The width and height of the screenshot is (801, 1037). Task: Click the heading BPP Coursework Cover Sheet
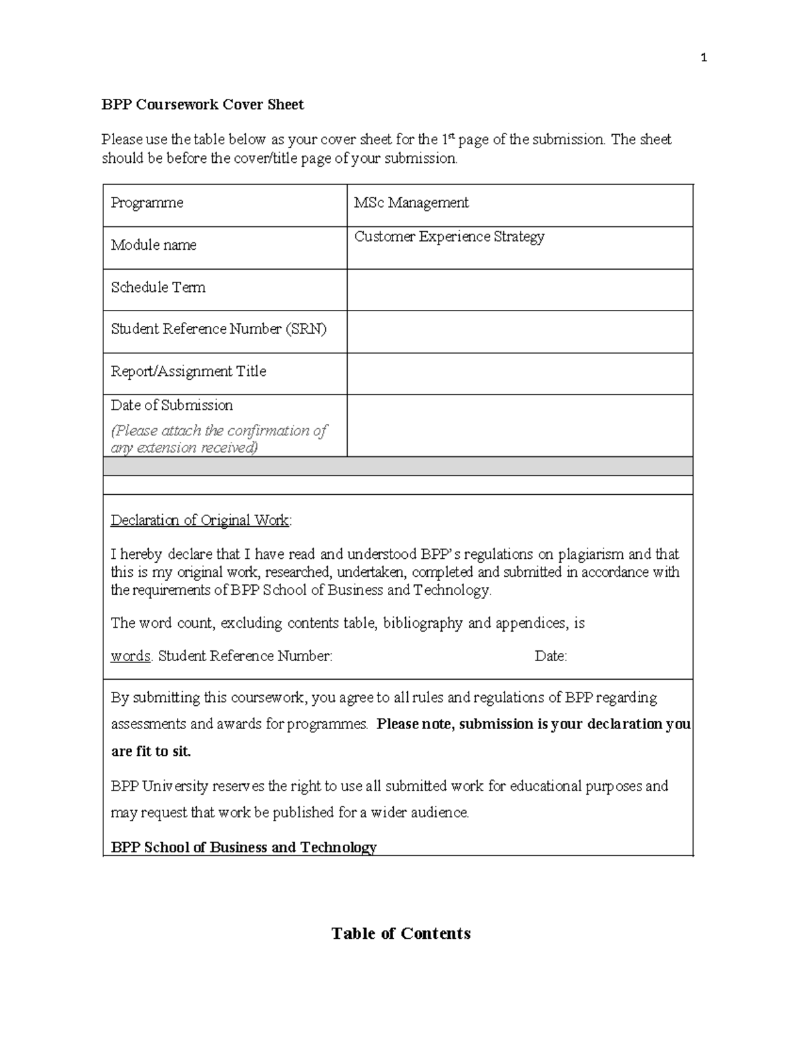[x=202, y=105]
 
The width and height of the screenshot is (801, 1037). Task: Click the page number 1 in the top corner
[x=704, y=58]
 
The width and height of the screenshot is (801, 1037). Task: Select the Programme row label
[x=147, y=203]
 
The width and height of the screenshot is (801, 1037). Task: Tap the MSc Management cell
[x=411, y=203]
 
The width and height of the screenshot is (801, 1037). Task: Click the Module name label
[x=154, y=245]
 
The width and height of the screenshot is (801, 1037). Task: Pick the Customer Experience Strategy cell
[x=449, y=237]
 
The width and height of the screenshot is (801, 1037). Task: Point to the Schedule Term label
[x=158, y=288]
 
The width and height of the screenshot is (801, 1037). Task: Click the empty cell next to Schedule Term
[x=519, y=290]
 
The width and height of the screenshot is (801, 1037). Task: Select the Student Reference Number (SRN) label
[x=218, y=329]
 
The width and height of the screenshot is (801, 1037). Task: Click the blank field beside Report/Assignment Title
[x=519, y=373]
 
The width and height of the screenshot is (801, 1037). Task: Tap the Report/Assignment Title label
[x=188, y=371]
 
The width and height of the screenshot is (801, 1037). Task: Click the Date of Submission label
[x=172, y=405]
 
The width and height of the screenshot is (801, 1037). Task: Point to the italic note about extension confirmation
[x=218, y=439]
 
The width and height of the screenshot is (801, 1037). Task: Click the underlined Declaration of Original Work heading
[x=200, y=520]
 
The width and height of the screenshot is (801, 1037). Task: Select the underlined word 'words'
[x=131, y=656]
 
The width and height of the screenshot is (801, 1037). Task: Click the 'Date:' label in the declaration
[x=551, y=656]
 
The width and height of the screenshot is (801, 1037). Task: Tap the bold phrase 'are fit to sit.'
[x=151, y=751]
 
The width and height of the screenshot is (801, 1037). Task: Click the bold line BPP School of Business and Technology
[x=244, y=847]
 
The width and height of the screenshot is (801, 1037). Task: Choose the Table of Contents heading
[x=400, y=934]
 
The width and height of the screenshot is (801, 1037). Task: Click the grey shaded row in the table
[x=398, y=466]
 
